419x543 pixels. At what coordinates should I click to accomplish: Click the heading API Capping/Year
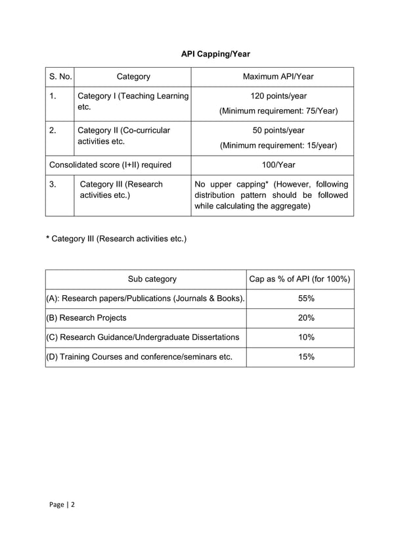[x=215, y=53]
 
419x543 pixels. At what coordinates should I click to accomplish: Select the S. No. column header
[x=60, y=77]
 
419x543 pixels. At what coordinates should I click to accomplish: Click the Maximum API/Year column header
[x=278, y=77]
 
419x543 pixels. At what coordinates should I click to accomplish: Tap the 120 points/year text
[x=278, y=96]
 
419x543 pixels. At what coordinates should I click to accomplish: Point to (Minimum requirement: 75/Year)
[x=278, y=111]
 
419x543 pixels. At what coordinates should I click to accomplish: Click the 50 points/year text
[x=278, y=130]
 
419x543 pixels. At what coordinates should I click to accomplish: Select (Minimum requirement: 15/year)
[x=278, y=145]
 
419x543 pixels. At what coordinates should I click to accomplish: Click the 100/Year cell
[x=278, y=164]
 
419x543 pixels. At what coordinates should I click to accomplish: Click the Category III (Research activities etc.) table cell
[x=121, y=189]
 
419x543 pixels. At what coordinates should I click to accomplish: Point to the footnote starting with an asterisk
[x=116, y=238]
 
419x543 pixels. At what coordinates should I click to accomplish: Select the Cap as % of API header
[x=299, y=279]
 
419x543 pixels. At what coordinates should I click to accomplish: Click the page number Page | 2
[x=62, y=504]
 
